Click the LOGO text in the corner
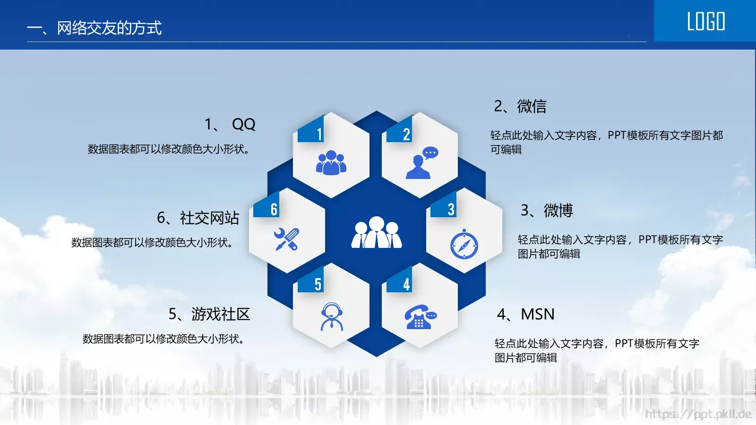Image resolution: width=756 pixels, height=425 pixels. coord(705,22)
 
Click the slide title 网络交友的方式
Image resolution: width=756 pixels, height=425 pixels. coord(94,28)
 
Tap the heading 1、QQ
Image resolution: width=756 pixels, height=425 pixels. coord(230,124)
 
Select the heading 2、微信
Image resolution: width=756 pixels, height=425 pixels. coord(520,106)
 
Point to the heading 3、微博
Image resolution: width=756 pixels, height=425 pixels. coord(547,210)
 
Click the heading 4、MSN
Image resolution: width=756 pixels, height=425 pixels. coord(525,314)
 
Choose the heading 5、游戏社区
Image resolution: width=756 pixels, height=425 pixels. coord(209,314)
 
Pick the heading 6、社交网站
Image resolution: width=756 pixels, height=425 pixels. coord(198,218)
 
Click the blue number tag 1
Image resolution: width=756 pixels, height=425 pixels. coord(312,132)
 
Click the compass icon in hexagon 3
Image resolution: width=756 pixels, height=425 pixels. coord(464,245)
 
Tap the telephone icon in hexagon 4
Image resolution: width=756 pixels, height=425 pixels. coord(420,317)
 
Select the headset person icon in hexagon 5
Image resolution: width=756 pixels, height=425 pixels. coord(332,316)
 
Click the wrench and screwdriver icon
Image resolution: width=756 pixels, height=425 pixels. coord(286,239)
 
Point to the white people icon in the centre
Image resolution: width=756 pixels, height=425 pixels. coord(377,233)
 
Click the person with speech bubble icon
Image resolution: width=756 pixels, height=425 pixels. coord(421,163)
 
